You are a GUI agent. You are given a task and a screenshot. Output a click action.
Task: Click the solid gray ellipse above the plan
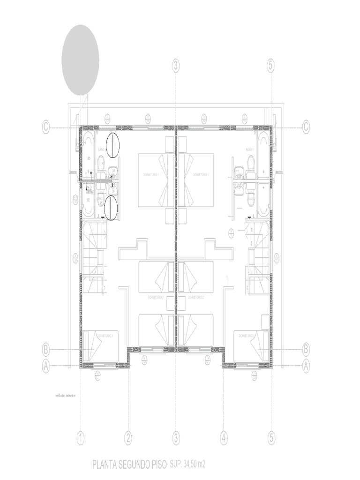pos(80,60)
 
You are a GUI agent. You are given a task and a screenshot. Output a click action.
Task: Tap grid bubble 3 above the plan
pos(176,66)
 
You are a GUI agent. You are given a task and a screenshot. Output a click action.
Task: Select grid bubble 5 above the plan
pos(271,66)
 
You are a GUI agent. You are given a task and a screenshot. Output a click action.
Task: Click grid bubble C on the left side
pos(46,127)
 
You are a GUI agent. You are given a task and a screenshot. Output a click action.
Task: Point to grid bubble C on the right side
pos(306,127)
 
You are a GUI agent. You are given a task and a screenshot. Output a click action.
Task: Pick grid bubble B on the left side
pos(46,349)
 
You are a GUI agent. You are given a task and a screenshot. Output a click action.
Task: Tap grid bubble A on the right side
pos(306,366)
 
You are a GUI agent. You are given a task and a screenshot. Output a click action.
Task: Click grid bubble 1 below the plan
pos(81,439)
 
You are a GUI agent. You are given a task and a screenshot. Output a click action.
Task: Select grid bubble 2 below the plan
pos(128,439)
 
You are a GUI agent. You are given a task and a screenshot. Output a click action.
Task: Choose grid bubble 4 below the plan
pos(224,439)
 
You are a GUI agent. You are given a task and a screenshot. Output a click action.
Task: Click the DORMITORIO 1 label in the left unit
pos(151,175)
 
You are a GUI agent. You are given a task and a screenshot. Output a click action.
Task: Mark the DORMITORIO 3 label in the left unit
pos(107,336)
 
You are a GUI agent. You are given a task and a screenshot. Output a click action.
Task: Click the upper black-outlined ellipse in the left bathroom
pos(112,145)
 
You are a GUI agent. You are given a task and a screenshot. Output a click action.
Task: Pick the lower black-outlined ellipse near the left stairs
pos(110,208)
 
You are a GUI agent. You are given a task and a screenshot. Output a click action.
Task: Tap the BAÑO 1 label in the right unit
pos(249,149)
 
